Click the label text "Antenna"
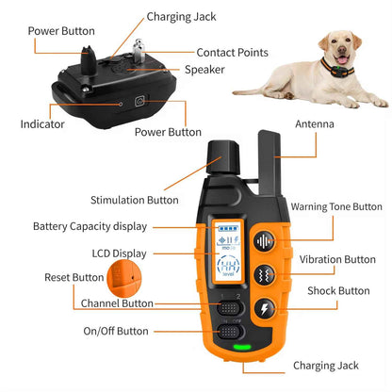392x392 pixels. [x=315, y=123]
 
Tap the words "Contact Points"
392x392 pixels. [x=232, y=53]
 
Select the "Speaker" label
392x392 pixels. [x=204, y=69]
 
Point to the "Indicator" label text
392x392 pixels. [x=42, y=123]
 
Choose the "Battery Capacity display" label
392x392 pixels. [x=89, y=226]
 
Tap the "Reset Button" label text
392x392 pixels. [x=74, y=277]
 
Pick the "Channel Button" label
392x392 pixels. [x=118, y=304]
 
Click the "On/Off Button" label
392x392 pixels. [x=116, y=332]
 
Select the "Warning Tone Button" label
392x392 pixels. [x=335, y=206]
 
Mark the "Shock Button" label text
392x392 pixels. [x=339, y=291]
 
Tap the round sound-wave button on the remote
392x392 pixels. [x=263, y=239]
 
